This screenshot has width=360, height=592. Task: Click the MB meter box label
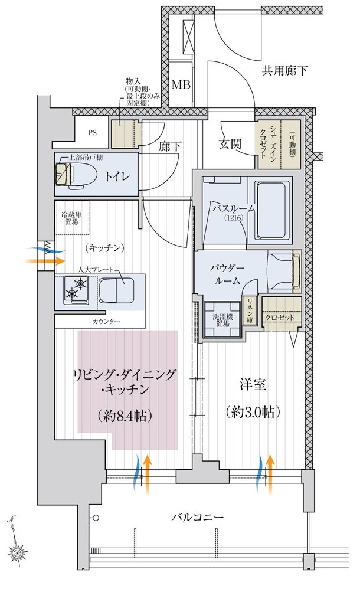pos(181,84)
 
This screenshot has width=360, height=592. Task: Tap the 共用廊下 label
pos(284,70)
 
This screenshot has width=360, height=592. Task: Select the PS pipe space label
pos(93,133)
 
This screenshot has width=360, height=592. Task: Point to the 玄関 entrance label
pos(230,144)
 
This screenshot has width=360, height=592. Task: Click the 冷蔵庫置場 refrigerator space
pos(71,218)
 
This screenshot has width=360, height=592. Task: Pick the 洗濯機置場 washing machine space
pos(222,319)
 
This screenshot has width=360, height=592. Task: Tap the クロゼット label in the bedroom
pos(279,318)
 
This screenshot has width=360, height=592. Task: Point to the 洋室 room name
pos(253,385)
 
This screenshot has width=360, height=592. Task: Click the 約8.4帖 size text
pos(125,416)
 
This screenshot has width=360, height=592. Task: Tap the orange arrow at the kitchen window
pos(44,260)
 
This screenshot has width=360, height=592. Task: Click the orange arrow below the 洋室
pos(270,474)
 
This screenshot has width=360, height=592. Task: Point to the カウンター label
pos(106,322)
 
